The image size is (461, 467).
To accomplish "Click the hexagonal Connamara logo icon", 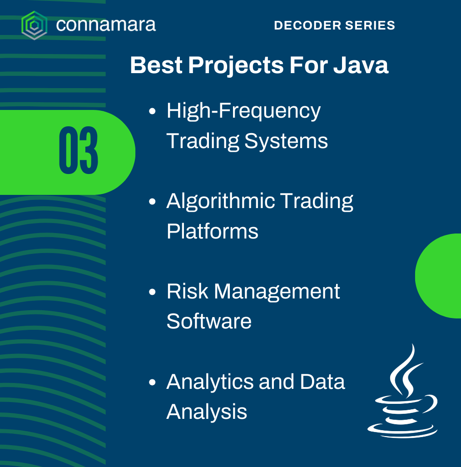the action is point(34,25).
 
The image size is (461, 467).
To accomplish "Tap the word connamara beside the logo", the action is point(106,25).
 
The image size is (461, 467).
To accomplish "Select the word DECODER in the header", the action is point(307,25).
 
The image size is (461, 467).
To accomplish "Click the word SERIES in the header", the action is point(370,25).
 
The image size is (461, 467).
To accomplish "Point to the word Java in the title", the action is point(361,65).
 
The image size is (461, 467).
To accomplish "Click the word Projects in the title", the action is point(236,66).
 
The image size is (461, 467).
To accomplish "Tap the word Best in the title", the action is point(156,65).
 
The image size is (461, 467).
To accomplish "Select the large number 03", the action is point(79,150).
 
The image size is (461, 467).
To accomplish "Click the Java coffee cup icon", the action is point(402,391).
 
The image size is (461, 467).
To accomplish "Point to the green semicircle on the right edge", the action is point(438,276).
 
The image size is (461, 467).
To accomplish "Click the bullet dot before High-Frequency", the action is point(152,111).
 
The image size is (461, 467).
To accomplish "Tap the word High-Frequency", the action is point(243,111).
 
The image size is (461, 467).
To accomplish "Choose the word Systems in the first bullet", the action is point(286,141).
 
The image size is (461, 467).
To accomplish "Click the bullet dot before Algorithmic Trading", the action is point(152,202).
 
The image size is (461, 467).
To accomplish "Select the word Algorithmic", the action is point(220,202).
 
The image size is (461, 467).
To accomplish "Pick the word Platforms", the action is point(213,231).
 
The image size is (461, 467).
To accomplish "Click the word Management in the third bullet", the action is point(277,292).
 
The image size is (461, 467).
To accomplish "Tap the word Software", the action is point(209,321).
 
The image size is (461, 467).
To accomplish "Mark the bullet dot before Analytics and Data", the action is point(152,382).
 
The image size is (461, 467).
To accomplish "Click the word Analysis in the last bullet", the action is point(207,412).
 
